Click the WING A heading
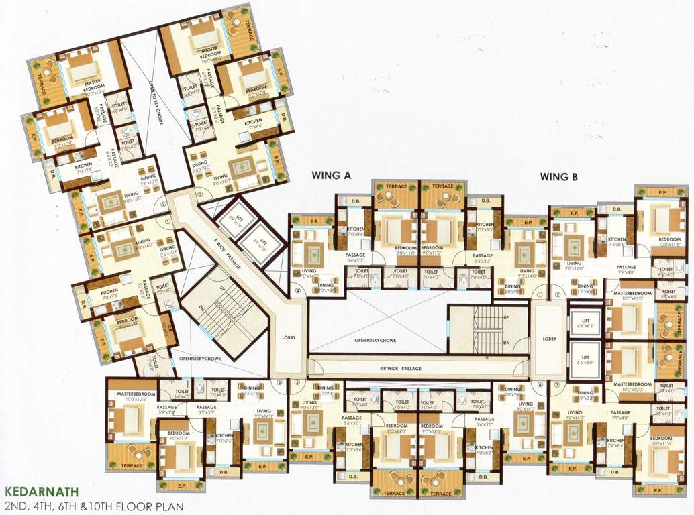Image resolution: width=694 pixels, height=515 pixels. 332,176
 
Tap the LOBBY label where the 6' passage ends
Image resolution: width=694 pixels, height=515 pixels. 289,337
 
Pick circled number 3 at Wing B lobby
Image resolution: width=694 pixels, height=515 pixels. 557,384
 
